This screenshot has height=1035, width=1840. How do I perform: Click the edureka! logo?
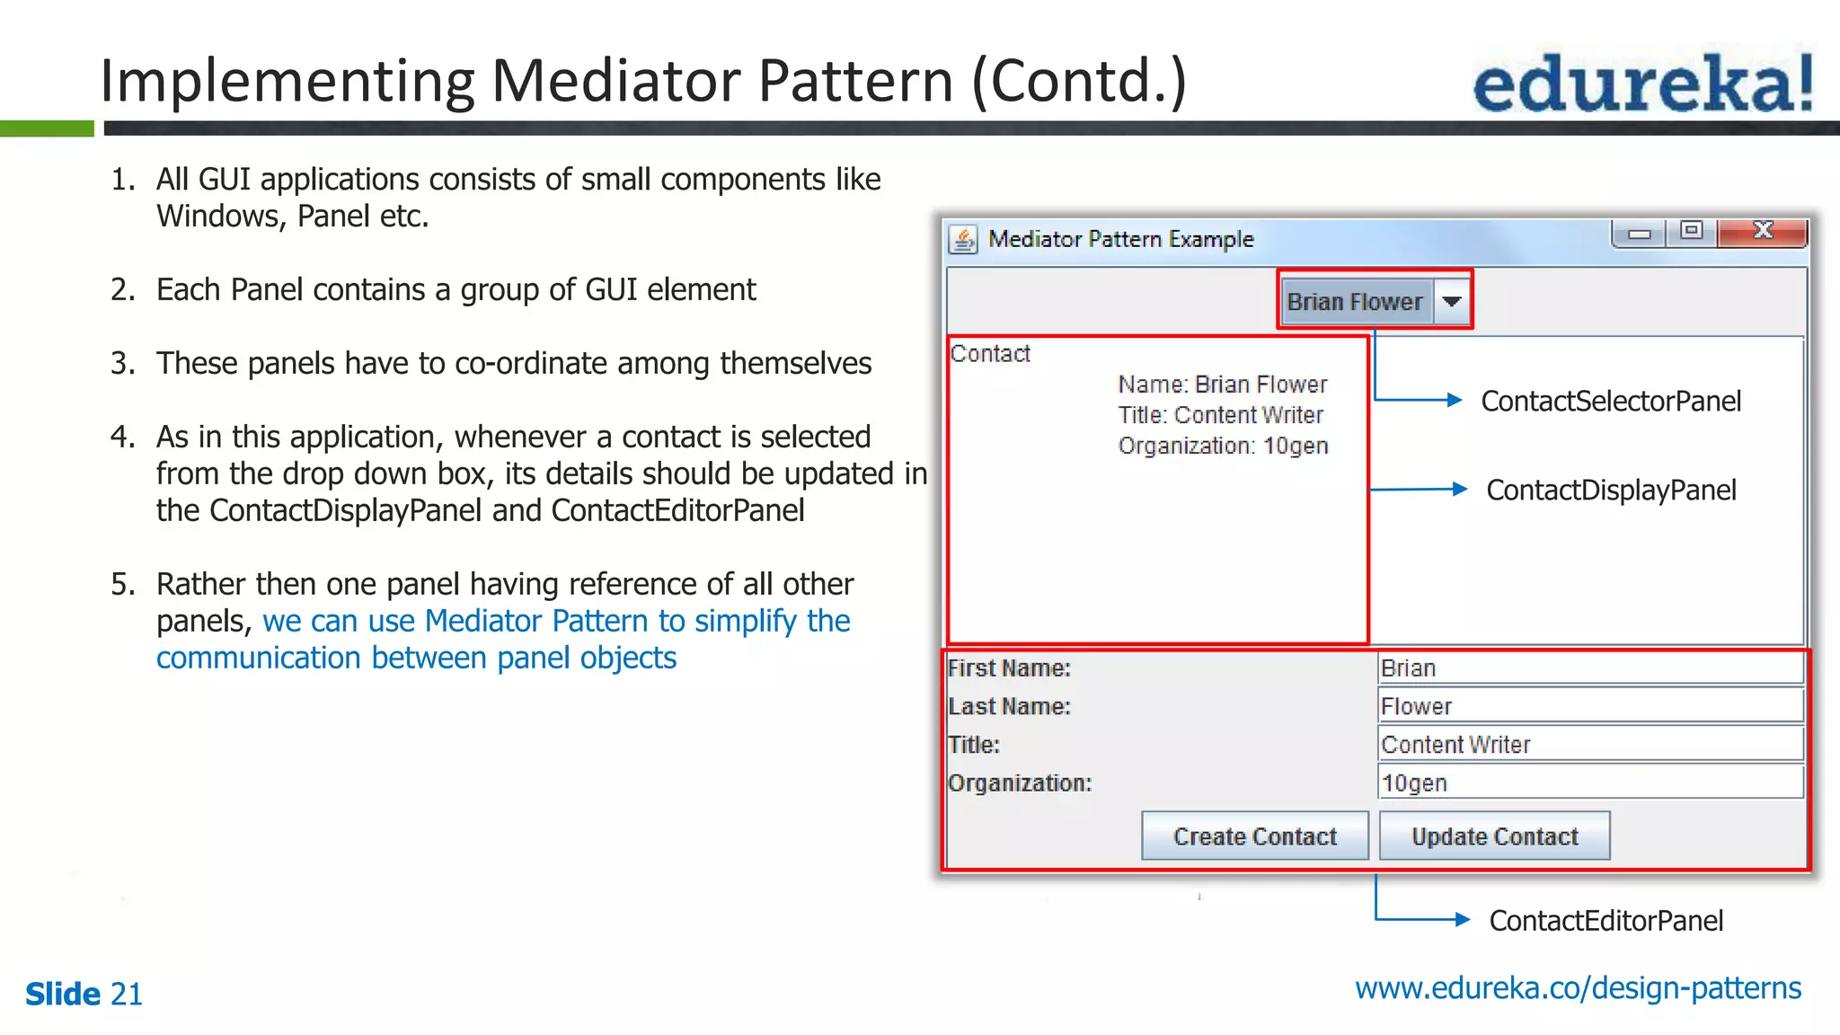coord(1642,83)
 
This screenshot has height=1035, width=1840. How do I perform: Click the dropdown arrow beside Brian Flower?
coord(1451,302)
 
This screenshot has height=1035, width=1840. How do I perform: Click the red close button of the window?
coord(1762,233)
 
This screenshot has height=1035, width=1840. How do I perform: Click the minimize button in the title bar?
coord(1640,234)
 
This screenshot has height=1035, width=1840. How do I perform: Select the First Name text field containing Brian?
coord(1590,668)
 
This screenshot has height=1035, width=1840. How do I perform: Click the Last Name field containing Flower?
coord(1590,706)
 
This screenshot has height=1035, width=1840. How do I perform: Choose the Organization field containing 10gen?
coord(1590,783)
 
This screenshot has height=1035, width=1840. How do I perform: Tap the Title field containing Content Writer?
coord(1590,745)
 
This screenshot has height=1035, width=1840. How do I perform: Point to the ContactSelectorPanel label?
coord(1610,401)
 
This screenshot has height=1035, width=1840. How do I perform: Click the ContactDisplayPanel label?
coord(1610,490)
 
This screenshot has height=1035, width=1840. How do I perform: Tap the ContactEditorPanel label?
coord(1606,920)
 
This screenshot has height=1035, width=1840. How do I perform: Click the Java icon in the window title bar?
coord(963,240)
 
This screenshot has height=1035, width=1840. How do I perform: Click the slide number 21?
coord(126,994)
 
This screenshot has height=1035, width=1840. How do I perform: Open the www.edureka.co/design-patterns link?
coord(1578,987)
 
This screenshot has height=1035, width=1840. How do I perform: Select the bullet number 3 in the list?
coord(122,364)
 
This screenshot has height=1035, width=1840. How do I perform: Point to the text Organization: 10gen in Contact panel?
coord(1222,446)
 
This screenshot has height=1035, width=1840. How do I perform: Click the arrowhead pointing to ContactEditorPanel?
coord(1462,919)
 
